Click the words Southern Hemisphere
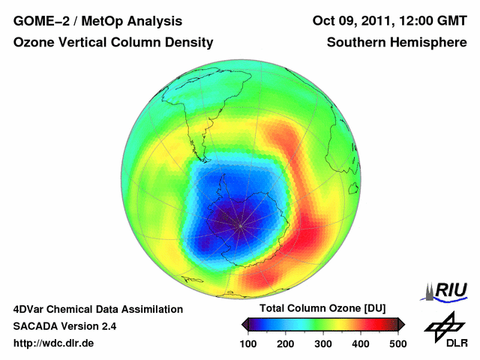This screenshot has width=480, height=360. (397, 43)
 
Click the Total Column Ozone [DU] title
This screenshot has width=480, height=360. (322, 308)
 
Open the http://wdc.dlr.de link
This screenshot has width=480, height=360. (54, 343)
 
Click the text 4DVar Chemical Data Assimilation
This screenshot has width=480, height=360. (97, 309)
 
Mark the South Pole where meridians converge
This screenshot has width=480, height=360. (240, 223)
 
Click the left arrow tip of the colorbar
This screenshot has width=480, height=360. (243, 324)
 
